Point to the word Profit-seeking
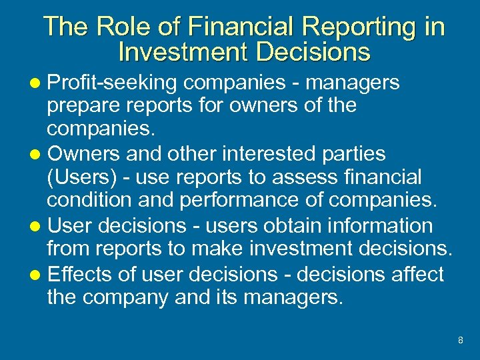click(x=111, y=83)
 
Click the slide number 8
click(x=460, y=341)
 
